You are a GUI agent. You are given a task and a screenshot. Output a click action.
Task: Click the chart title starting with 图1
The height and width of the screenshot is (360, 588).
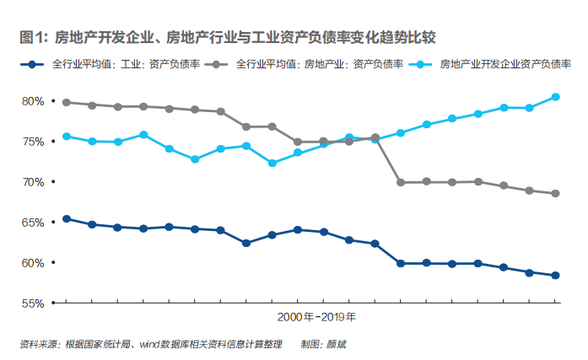point(228,37)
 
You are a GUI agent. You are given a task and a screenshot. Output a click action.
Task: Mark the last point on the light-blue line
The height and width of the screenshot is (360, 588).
point(555,96)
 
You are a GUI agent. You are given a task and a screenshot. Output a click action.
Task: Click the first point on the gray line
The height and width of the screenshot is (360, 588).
point(66,102)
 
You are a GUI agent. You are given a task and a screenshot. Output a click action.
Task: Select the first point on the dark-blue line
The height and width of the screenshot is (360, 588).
point(66,218)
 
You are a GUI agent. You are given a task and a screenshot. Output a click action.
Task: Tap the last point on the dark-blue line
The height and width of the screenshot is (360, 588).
point(555,275)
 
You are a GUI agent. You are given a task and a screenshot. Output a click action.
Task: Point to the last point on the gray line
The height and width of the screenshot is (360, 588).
point(555,193)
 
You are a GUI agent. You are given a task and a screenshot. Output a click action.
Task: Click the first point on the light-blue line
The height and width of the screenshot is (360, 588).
point(66,136)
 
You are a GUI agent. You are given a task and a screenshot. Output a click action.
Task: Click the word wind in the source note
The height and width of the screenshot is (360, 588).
point(151,344)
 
